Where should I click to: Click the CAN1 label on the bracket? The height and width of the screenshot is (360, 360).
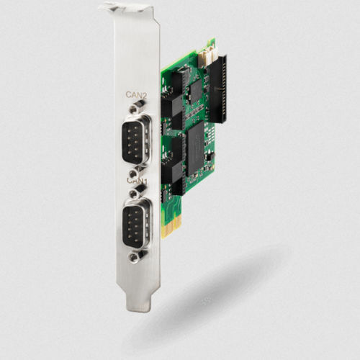point(138,181)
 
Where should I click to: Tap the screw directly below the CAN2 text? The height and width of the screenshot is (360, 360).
point(132,108)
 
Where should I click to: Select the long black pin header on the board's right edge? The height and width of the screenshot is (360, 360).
point(219,86)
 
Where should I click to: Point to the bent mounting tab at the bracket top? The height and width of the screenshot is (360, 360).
point(127,9)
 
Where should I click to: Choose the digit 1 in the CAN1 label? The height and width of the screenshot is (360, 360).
point(146,181)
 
